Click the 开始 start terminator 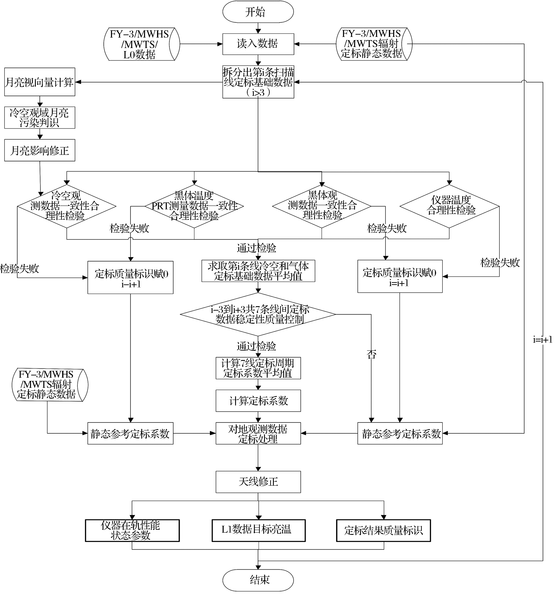pyautogui.click(x=258, y=12)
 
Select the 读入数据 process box pyautogui.click(x=258, y=44)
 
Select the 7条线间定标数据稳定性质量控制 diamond pyautogui.click(x=258, y=314)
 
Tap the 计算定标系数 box pyautogui.click(x=258, y=400)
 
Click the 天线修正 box pyautogui.click(x=258, y=482)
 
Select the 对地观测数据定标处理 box pyautogui.click(x=258, y=433)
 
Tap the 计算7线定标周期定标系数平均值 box pyautogui.click(x=258, y=368)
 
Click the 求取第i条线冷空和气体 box pyautogui.click(x=258, y=271)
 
